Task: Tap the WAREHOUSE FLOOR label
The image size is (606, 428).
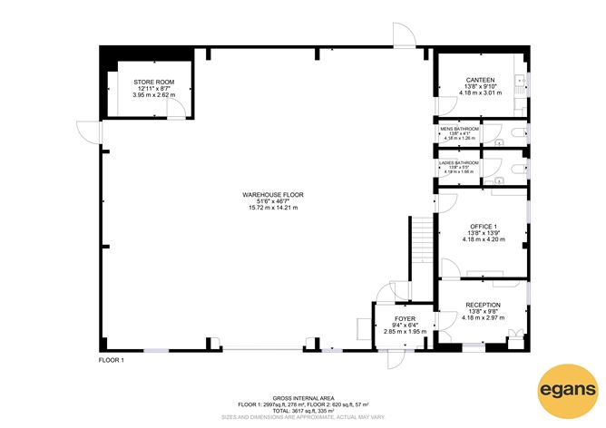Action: click(272, 195)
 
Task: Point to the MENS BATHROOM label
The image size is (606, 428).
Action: click(459, 129)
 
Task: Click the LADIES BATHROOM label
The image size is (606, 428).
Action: click(459, 162)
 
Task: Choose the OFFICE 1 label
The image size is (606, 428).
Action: click(482, 226)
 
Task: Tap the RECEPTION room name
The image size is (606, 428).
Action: click(482, 305)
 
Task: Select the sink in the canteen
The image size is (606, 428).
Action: click(521, 81)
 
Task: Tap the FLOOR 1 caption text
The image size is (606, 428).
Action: click(111, 360)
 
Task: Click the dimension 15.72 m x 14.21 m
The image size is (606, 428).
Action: click(272, 208)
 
